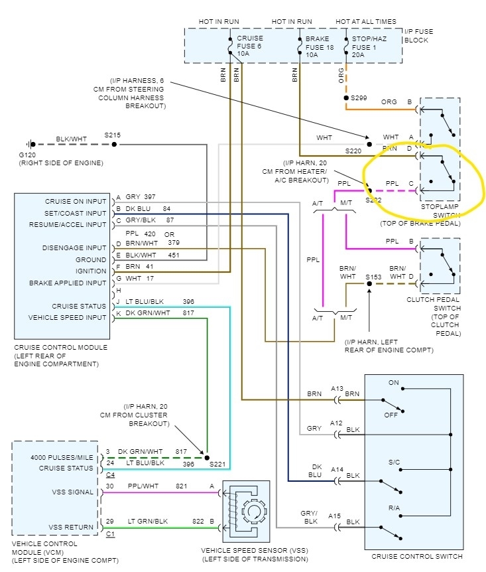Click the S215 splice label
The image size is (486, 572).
click(x=113, y=135)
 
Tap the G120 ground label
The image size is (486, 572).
click(x=27, y=154)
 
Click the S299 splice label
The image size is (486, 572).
click(x=358, y=98)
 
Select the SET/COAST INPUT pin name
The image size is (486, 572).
click(x=76, y=213)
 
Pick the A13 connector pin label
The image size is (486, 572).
click(x=337, y=388)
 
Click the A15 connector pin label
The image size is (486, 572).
click(x=337, y=516)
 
